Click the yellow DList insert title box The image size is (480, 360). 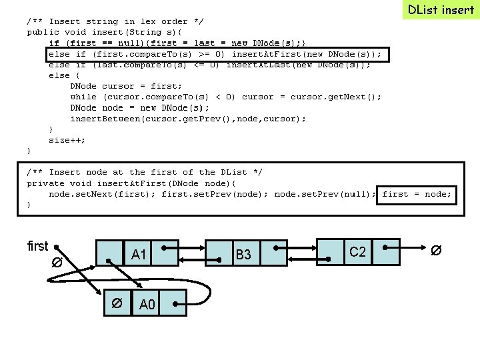tap(441, 9)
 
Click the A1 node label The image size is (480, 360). tap(139, 254)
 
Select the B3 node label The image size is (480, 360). tap(243, 255)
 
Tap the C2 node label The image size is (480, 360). tap(358, 251)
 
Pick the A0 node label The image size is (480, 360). tap(147, 305)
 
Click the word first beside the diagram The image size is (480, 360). tap(37, 246)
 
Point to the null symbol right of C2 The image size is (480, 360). tap(435, 251)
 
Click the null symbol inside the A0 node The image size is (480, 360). tap(116, 304)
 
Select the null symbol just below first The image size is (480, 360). tap(57, 263)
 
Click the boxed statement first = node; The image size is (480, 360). tap(417, 194)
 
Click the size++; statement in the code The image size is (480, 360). tap(67, 140)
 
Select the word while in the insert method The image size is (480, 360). tap(83, 97)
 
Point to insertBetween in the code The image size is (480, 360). tap(102, 119)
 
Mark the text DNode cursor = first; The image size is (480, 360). tap(126, 86)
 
